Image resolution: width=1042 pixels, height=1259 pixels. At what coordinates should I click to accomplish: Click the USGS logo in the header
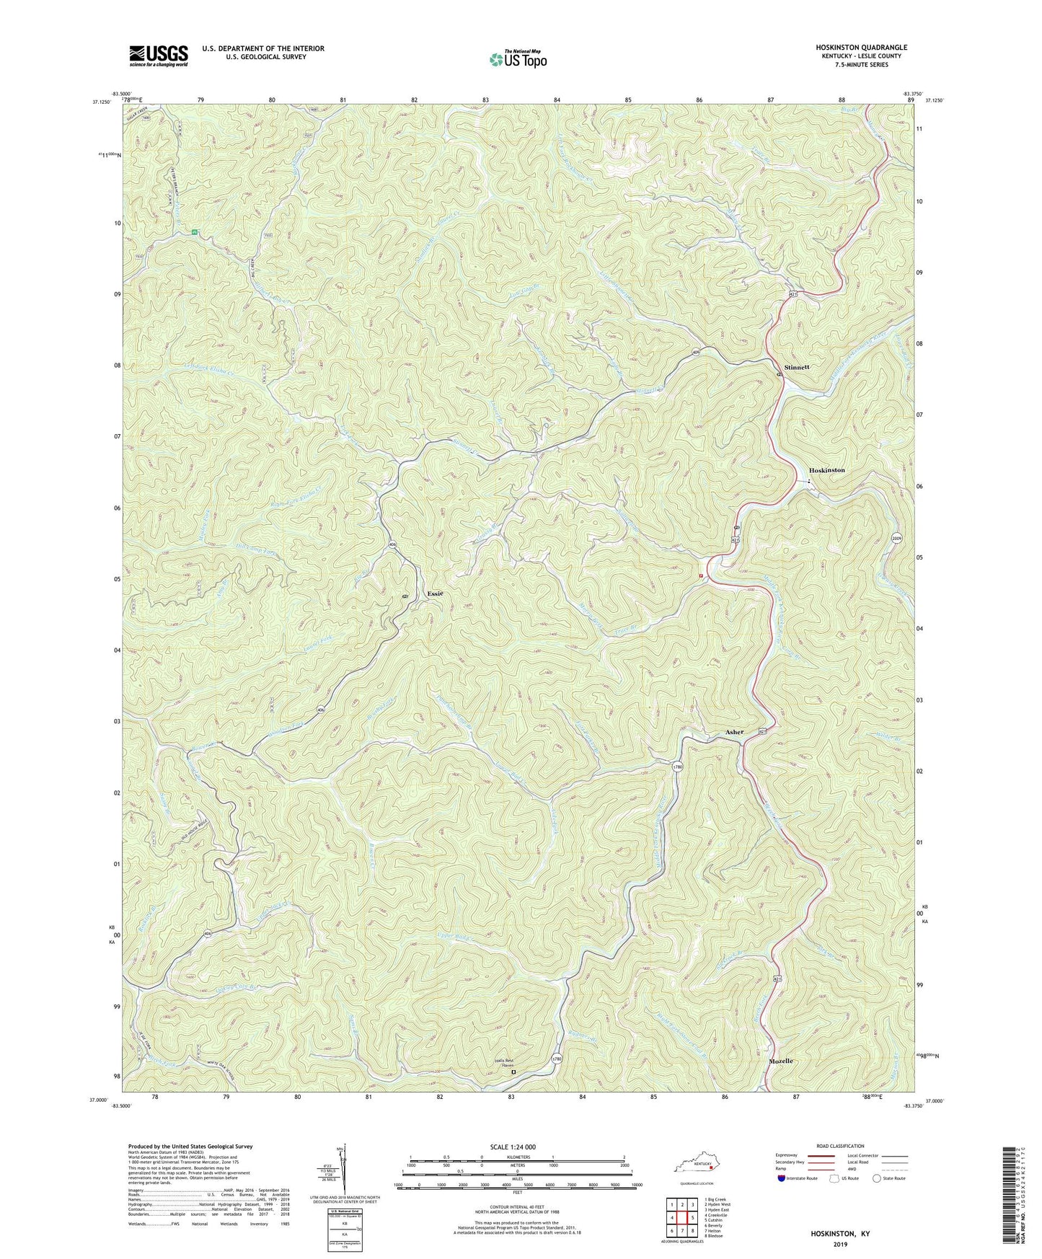159,56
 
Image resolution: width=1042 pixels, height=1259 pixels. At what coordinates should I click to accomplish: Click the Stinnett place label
797,367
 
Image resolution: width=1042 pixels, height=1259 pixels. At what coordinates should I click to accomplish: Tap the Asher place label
734,732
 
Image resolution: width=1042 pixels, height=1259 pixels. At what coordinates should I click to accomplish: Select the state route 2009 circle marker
896,537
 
